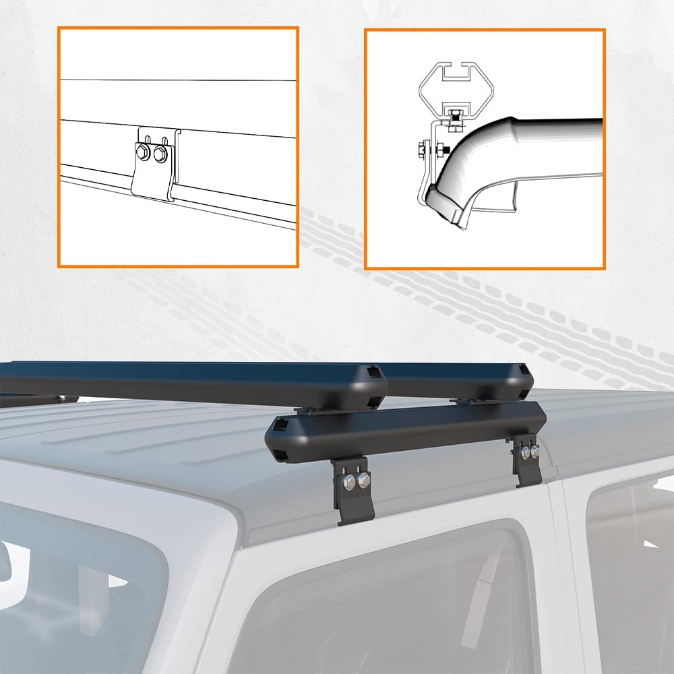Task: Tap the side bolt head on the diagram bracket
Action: click(x=422, y=146)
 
